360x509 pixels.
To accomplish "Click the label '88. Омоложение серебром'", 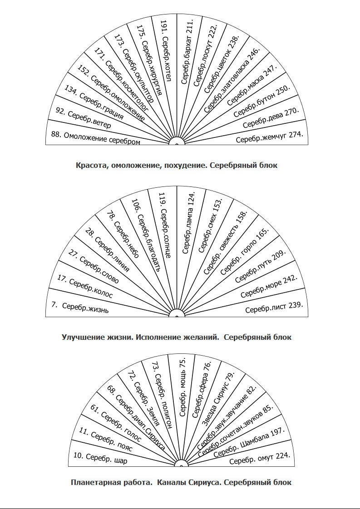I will coord(95,138).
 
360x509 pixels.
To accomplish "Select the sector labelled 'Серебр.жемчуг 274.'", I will coord(269,137).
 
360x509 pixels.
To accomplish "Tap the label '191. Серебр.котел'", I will coord(165,50).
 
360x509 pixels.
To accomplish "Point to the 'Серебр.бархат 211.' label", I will coord(187,52).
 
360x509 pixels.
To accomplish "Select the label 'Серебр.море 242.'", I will coord(269,287).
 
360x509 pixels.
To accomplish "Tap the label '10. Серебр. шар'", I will coord(100,458).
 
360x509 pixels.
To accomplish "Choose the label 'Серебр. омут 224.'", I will coord(259,458).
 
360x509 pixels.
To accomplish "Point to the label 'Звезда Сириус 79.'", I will coord(218,399).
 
